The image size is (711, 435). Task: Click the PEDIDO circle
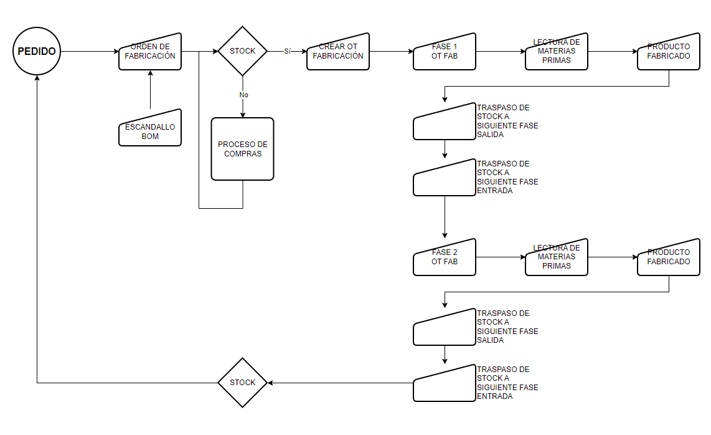click(37, 51)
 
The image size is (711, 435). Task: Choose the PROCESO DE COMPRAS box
click(242, 149)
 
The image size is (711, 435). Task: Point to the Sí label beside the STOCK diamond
click(287, 50)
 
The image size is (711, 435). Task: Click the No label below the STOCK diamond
click(243, 95)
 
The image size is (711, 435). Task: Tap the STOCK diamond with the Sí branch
click(242, 51)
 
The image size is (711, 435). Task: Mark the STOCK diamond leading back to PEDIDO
click(242, 382)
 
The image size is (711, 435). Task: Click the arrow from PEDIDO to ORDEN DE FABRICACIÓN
click(90, 51)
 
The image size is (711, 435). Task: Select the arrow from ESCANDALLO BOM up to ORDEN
click(150, 90)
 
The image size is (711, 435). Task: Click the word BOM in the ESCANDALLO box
click(150, 136)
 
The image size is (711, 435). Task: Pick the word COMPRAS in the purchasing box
click(243, 153)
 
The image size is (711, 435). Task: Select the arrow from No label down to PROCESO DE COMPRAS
click(242, 108)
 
